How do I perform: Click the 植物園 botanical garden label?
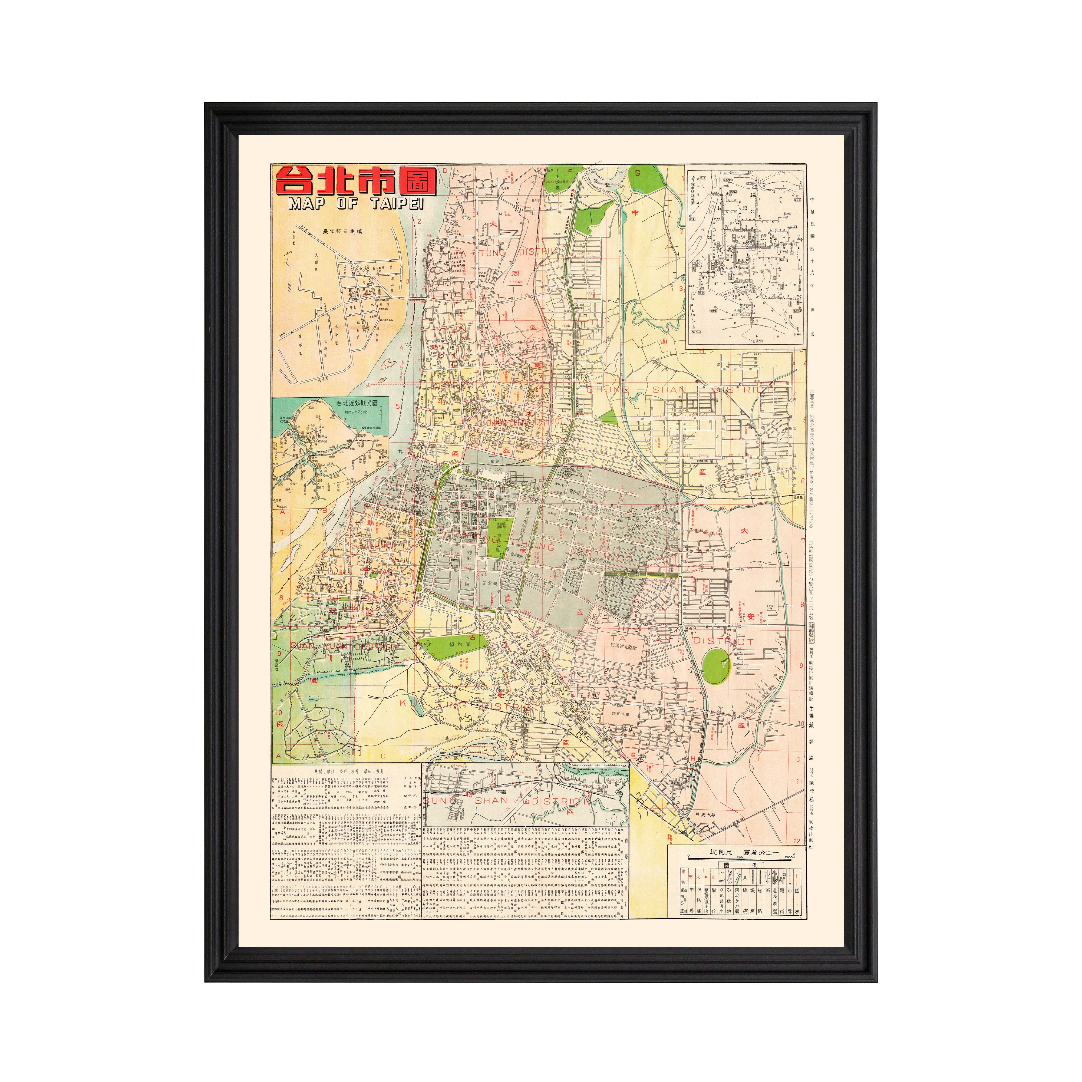coord(459,645)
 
